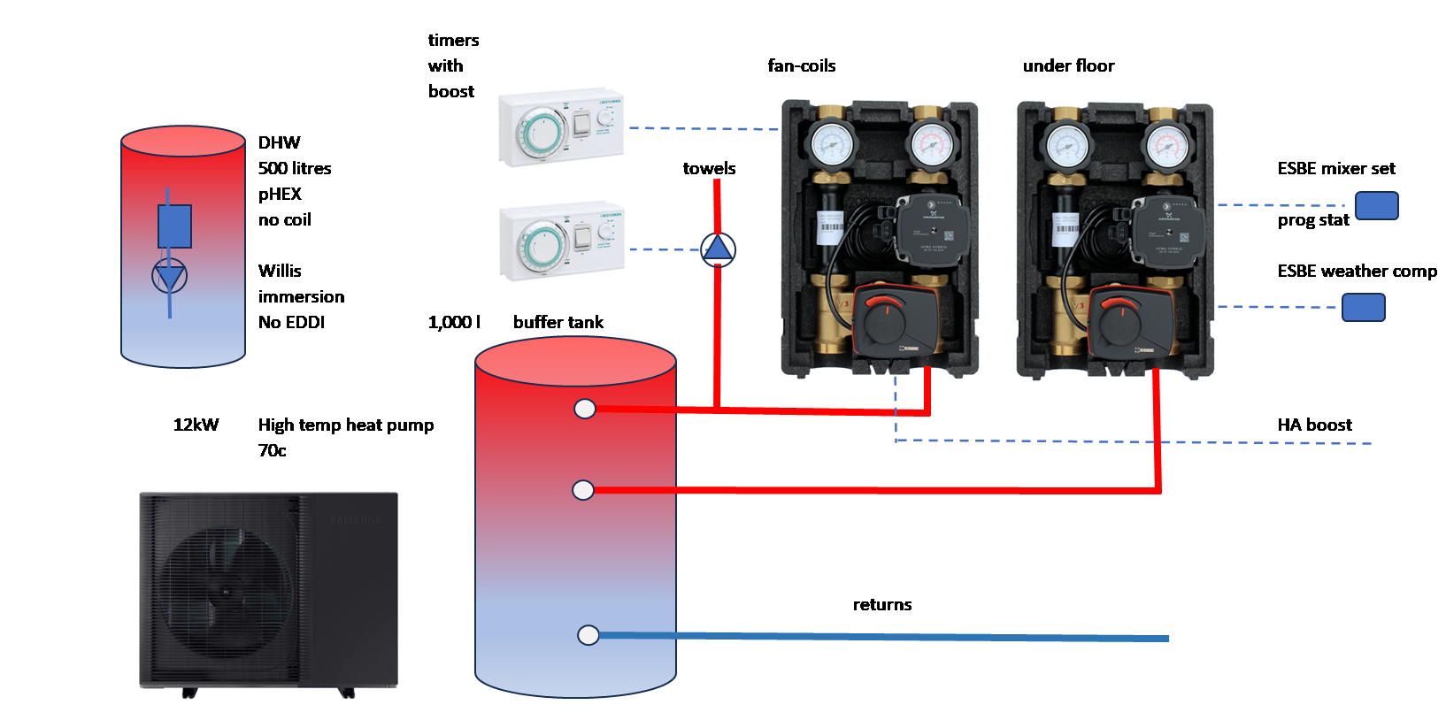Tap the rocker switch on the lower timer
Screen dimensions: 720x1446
tap(581, 238)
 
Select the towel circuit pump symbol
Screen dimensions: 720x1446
tap(718, 249)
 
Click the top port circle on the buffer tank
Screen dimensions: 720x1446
tap(585, 409)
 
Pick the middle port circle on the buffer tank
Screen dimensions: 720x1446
tap(583, 490)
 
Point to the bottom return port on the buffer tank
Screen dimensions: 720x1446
tap(588, 635)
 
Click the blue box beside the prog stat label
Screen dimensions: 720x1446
tap(1377, 205)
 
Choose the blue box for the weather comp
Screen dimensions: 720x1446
tap(1364, 308)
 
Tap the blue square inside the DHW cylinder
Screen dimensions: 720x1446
tap(174, 226)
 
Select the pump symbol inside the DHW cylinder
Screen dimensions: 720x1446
tap(169, 277)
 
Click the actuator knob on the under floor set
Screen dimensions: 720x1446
tap(1119, 318)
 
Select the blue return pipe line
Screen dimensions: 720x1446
tap(885, 637)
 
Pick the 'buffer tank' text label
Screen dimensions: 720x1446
tap(558, 322)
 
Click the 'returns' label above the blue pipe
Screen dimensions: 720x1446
tap(881, 604)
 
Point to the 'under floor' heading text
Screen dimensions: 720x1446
tap(1065, 65)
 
